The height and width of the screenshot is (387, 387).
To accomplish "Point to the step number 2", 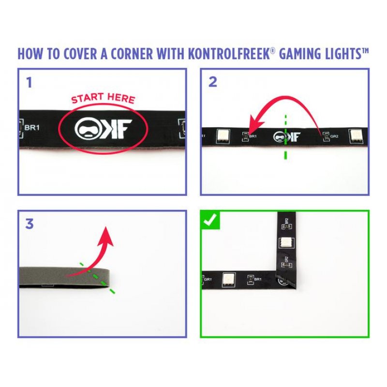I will pyautogui.click(x=212, y=82).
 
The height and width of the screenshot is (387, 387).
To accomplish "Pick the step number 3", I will pyautogui.click(x=30, y=224).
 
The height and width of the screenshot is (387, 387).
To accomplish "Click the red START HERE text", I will pyautogui.click(x=103, y=99).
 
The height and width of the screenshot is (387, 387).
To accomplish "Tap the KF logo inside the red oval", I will pyautogui.click(x=103, y=129).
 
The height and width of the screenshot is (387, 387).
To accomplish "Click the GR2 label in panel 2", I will pyautogui.click(x=333, y=136).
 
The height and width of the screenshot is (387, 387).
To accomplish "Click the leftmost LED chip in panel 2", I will pyautogui.click(x=223, y=135).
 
